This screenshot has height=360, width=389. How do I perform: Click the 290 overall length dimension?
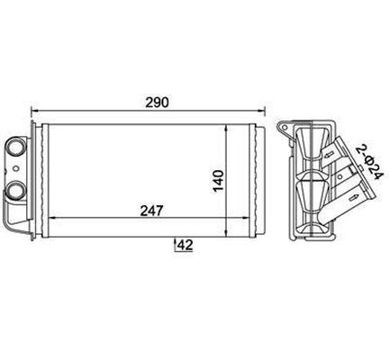click(x=158, y=103)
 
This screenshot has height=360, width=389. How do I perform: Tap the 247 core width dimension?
click(x=152, y=211)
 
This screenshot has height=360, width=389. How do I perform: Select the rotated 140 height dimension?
click(x=218, y=181)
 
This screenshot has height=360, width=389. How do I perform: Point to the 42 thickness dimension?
click(x=185, y=246)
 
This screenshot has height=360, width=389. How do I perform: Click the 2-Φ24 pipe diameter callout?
click(x=369, y=163)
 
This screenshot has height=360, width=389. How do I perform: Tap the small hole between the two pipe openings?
click(x=15, y=168)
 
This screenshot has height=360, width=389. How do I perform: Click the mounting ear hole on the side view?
click(x=284, y=127)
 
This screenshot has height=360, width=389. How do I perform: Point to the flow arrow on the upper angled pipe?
click(x=328, y=155)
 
